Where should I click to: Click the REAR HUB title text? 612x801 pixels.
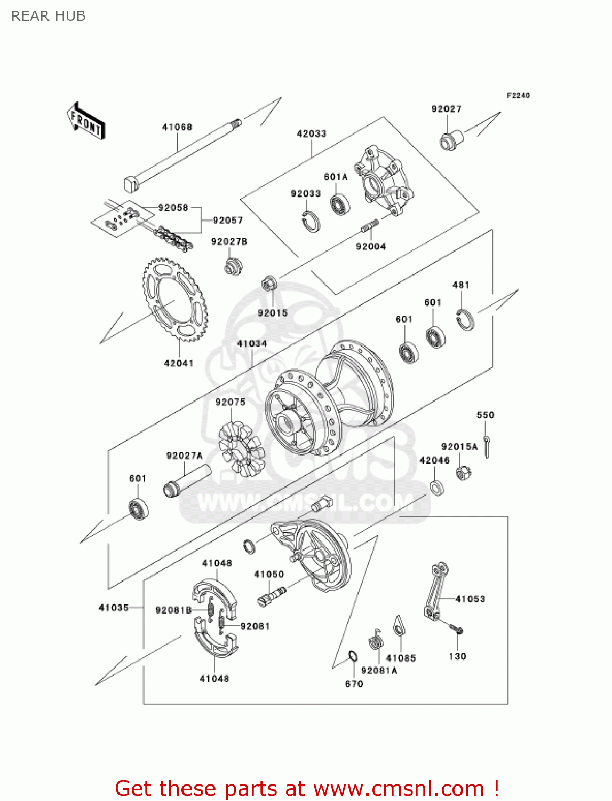[x=49, y=16]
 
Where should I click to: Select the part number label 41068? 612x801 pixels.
[x=177, y=127]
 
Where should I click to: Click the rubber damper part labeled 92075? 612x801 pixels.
[x=241, y=449]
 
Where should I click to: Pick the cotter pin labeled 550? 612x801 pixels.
[x=487, y=446]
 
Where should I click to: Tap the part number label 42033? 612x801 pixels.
[x=312, y=133]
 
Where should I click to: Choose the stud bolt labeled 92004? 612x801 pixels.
[x=370, y=226]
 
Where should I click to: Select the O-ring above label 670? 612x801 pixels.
[x=353, y=656]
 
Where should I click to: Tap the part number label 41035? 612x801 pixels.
[x=114, y=608]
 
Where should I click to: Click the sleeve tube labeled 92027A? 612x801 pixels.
[x=187, y=480]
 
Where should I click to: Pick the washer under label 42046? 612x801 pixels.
[x=438, y=487]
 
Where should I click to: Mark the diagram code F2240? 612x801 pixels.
[x=518, y=96]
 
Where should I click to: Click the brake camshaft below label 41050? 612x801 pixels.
[x=272, y=594]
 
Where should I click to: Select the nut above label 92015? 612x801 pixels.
[x=269, y=283]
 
